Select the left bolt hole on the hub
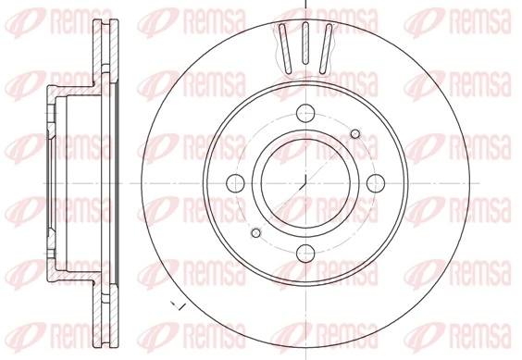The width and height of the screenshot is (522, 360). pos(235,181)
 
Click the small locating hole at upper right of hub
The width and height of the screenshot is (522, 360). pos(355,136)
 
